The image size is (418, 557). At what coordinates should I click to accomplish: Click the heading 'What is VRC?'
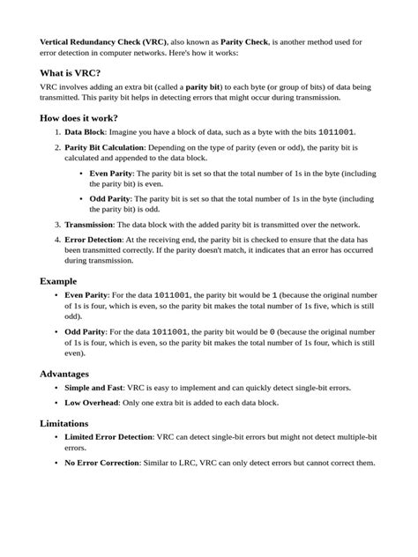71,72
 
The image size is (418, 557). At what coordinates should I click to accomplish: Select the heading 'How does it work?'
79,118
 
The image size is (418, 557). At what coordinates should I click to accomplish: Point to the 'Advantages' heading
64,374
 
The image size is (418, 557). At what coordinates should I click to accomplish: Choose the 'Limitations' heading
63,423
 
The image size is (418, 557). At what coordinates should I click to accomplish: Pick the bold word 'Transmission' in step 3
90,225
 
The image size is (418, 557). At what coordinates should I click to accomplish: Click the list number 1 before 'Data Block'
56,131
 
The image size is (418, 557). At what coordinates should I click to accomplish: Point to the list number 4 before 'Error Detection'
56,239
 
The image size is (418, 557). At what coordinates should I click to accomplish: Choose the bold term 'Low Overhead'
90,402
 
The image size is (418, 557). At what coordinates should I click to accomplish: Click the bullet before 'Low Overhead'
56,402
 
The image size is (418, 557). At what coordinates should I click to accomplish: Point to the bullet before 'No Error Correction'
56,463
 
